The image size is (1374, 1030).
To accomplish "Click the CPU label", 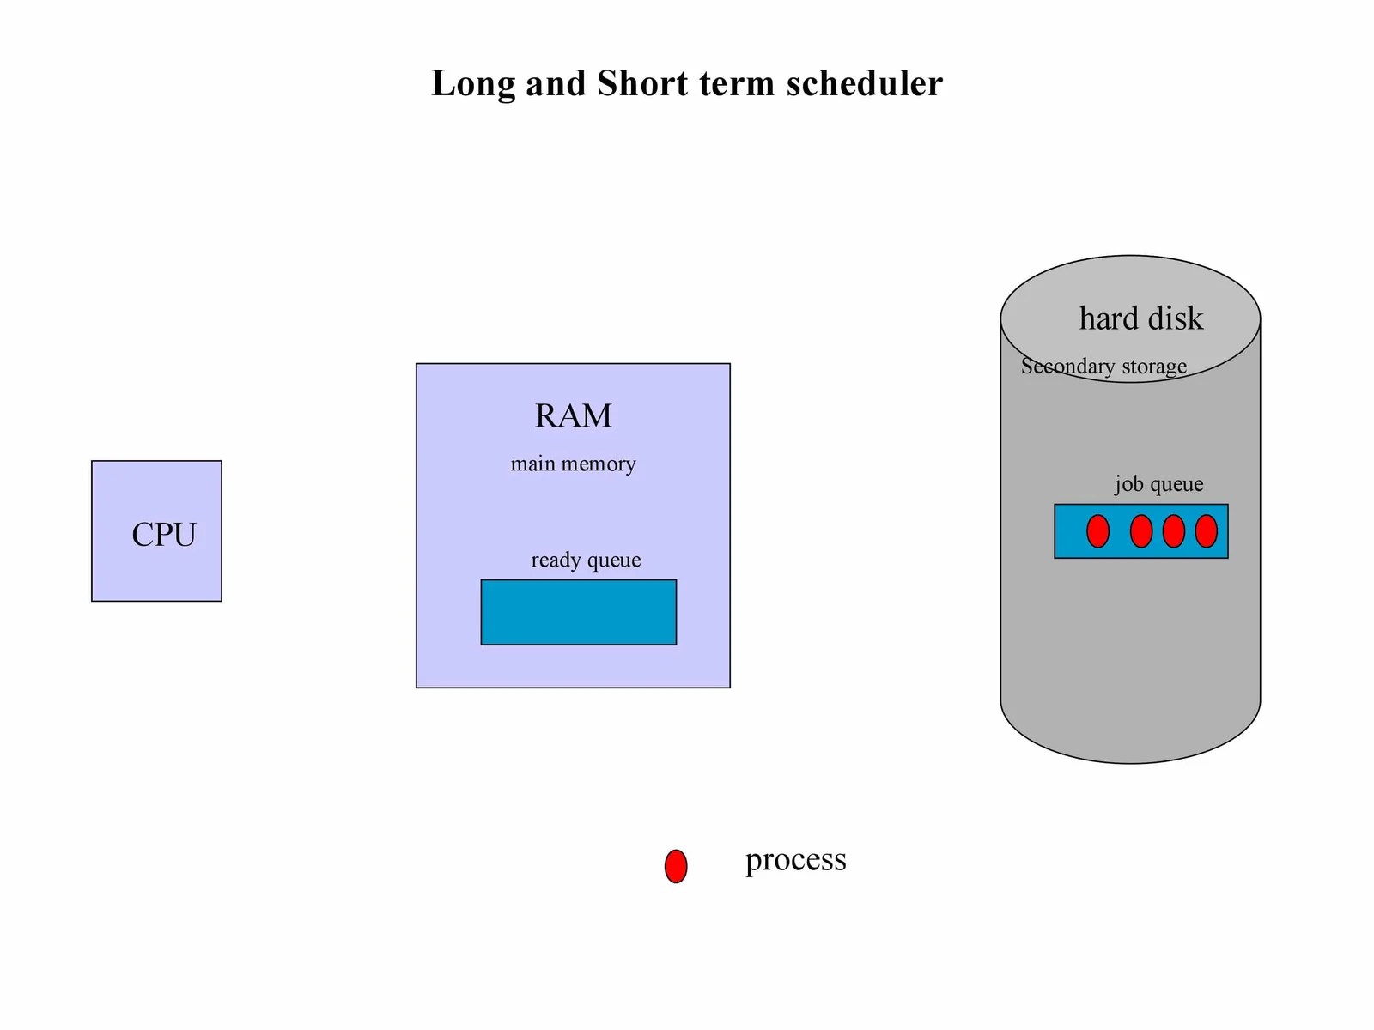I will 163,535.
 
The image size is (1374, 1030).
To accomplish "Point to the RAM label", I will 573,415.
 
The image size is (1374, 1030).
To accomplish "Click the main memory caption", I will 573,464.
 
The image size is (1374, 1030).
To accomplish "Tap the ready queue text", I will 586,560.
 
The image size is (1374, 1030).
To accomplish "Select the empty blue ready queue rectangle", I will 578,612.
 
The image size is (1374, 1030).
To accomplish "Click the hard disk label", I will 1140,318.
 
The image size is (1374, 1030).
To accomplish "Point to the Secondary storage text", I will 1103,367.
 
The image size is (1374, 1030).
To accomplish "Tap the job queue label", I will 1158,484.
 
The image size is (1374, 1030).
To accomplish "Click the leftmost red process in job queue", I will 1097,531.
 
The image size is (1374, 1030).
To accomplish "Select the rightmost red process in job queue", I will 1206,531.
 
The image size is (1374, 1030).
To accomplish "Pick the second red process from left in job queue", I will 1140,531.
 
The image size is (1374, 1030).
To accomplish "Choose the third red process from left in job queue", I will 1173,531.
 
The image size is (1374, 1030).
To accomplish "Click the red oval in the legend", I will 676,866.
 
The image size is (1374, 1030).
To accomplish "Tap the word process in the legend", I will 795,860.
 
